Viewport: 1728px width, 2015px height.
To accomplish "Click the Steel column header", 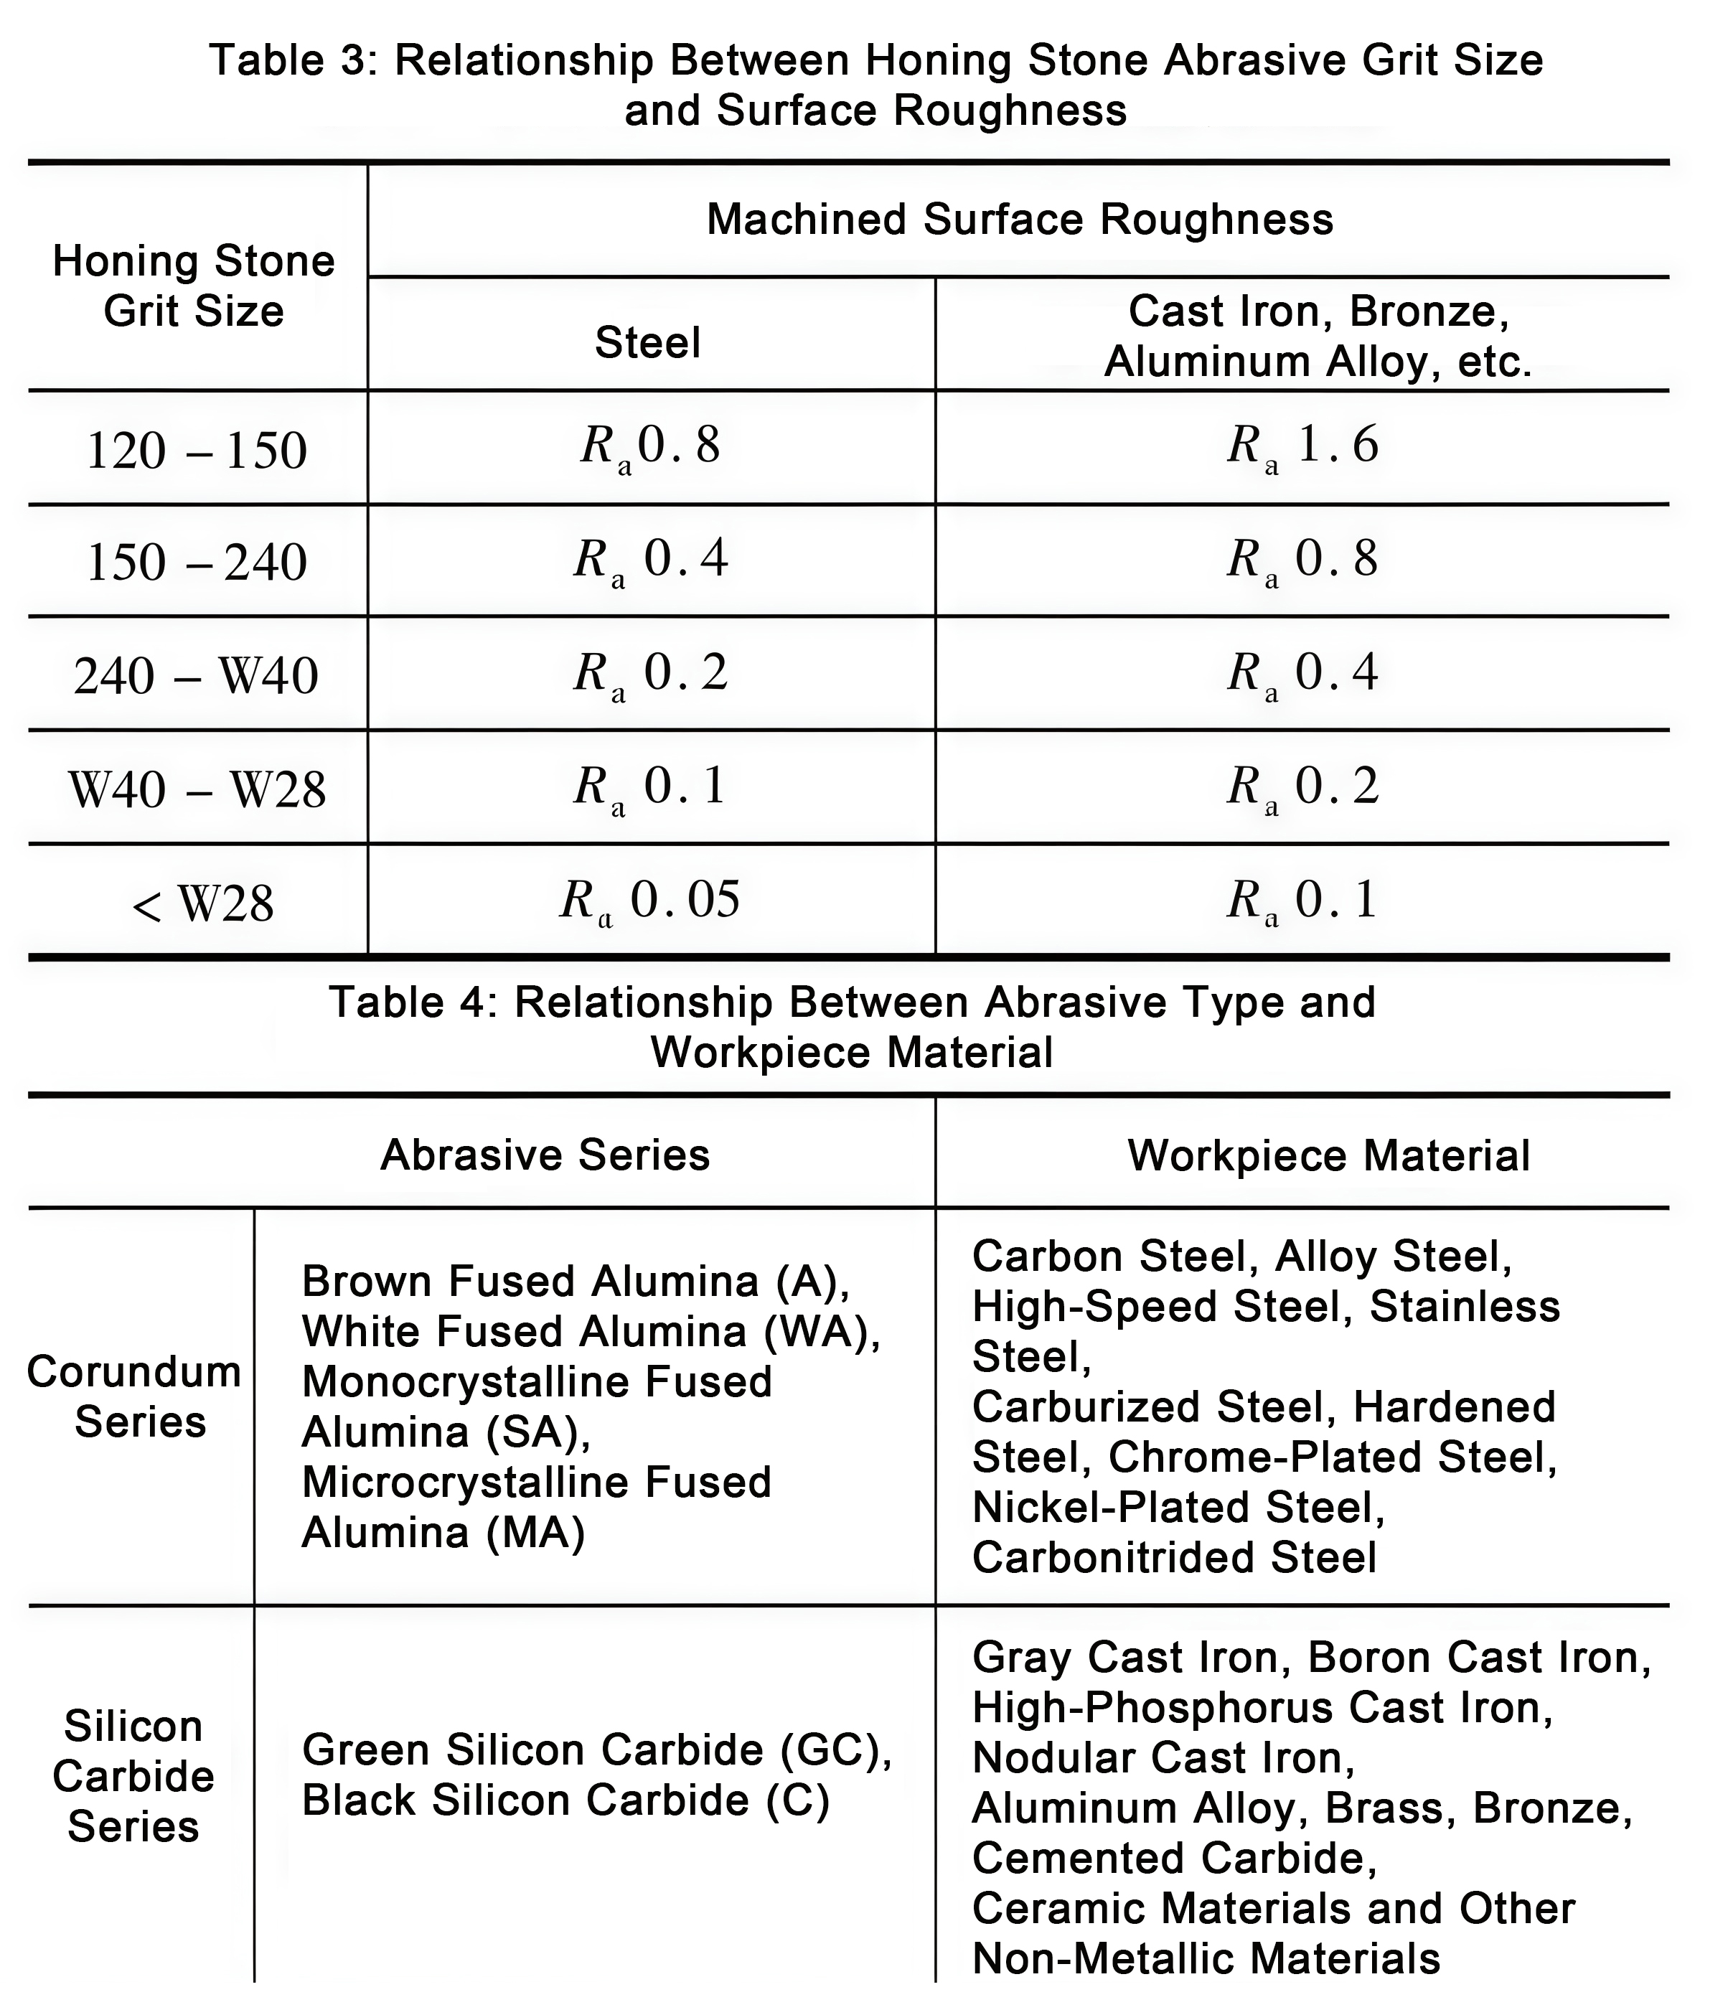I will [x=647, y=343].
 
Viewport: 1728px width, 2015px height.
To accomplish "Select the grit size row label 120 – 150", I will [x=197, y=450].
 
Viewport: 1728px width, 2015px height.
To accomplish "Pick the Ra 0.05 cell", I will [x=649, y=901].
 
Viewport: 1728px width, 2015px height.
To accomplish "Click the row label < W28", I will [x=202, y=904].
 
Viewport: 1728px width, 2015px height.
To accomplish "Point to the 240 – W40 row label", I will [x=197, y=676].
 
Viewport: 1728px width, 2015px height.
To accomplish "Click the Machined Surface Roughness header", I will [x=1019, y=220].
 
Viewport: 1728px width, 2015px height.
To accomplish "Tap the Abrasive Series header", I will [x=545, y=1155].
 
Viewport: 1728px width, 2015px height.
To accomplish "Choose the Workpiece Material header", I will [x=1328, y=1155].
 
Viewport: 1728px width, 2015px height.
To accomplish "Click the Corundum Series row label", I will [x=134, y=1396].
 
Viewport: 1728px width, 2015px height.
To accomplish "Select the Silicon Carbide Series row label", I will [x=133, y=1776].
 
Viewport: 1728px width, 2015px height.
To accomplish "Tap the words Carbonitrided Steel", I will [x=1174, y=1557].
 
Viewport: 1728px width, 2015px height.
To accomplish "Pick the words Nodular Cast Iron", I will [x=1162, y=1757].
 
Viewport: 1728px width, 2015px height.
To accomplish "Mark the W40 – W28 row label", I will [x=197, y=789].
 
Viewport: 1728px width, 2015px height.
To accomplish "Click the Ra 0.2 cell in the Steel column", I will [x=649, y=674].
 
